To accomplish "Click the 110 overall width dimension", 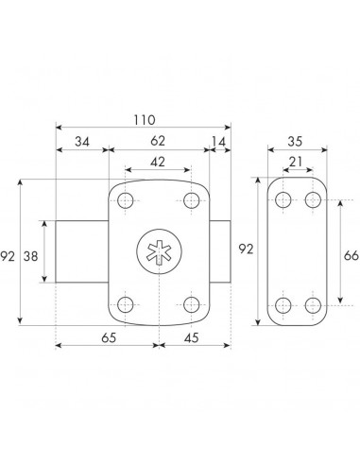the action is click(x=145, y=120).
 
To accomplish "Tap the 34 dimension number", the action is click(x=82, y=142).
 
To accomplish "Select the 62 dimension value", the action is click(x=158, y=141).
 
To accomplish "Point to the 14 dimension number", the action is click(x=219, y=142).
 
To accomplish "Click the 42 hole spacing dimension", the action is click(x=158, y=162).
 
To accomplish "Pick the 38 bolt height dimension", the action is click(x=31, y=256).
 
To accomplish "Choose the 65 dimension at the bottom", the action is click(x=109, y=337).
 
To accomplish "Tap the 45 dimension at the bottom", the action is click(x=192, y=337).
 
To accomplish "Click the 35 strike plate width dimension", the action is click(x=295, y=142).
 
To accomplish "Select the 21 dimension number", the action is click(x=296, y=162).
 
